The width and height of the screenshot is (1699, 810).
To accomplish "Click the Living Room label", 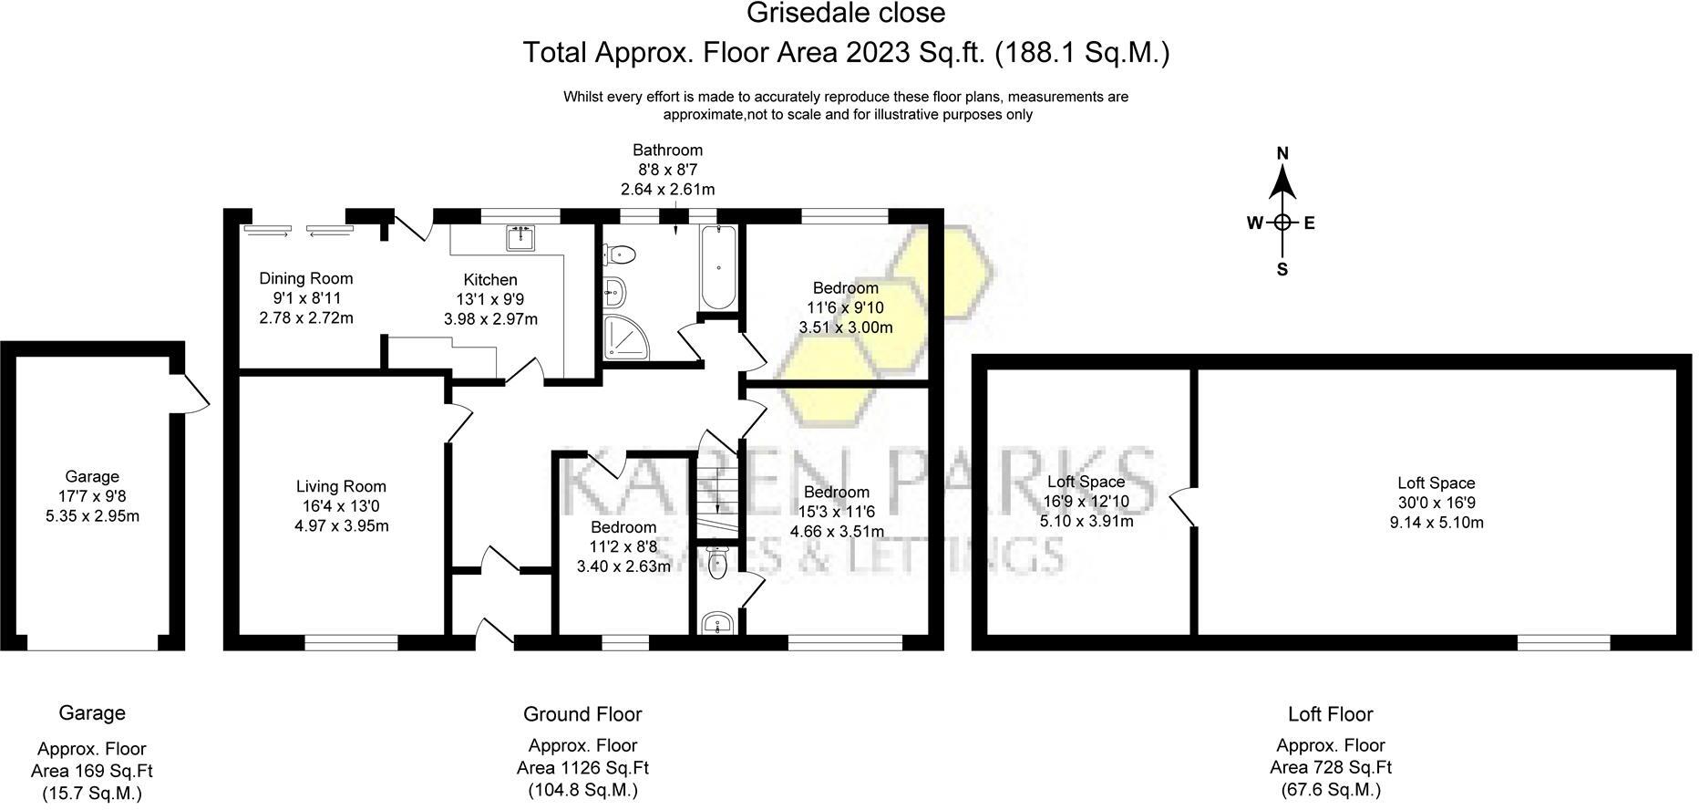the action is tap(341, 487).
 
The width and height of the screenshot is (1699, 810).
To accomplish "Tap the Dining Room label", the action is tap(305, 278).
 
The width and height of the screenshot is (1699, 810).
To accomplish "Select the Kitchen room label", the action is tap(490, 280).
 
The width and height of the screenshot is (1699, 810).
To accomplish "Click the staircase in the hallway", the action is tap(717, 493).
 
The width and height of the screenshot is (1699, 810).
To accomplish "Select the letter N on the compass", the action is tap(1282, 153).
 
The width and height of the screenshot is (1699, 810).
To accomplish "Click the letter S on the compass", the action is tap(1282, 269).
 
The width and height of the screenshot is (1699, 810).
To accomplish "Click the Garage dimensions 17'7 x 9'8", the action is tap(92, 496).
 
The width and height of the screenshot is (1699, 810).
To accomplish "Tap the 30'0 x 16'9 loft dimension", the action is tap(1436, 503).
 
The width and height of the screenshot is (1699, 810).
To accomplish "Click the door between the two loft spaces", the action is tap(1182, 506).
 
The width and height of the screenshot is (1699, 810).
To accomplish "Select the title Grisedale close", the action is tap(846, 14).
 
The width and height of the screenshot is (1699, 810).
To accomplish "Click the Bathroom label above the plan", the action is tap(668, 150).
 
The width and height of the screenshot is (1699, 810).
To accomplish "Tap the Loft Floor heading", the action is tap(1331, 714).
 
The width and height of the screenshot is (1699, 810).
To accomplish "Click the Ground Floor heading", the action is tap(582, 714).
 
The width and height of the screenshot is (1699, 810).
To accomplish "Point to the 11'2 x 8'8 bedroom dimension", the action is tap(623, 546).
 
